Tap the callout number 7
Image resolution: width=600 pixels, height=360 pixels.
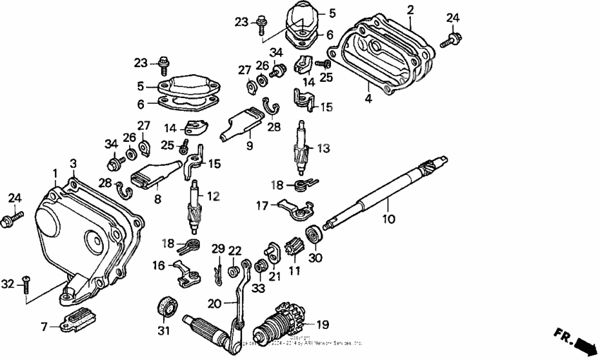point(44,328)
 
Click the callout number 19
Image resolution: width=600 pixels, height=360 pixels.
point(323,325)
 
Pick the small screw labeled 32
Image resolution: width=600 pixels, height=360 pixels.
point(25,283)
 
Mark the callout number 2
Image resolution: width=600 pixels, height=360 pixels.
point(411,9)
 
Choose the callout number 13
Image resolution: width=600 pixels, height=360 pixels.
point(323,149)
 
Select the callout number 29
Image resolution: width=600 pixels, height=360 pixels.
point(218,249)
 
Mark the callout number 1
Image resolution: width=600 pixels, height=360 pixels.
point(54,173)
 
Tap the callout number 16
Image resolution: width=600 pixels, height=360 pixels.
point(159,266)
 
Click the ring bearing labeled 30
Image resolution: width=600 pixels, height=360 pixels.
point(313,234)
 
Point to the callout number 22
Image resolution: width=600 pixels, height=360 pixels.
point(235,250)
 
